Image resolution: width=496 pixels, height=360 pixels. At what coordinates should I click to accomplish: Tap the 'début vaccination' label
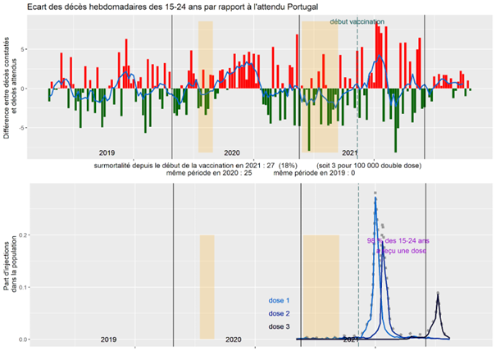(x=357, y=22)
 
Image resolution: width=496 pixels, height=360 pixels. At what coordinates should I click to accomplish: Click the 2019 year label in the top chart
(x=107, y=153)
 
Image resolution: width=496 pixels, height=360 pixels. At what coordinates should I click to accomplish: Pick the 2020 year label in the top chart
(x=232, y=153)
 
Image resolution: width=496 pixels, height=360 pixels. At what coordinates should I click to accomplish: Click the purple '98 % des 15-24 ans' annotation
(x=398, y=241)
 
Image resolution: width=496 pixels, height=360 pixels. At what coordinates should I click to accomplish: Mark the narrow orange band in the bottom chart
(x=207, y=287)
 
